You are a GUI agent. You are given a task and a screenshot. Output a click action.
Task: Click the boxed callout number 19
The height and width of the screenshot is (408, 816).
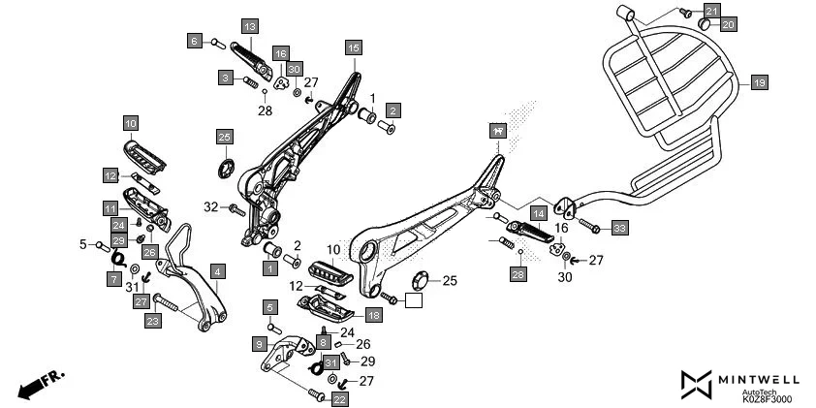tap(759, 84)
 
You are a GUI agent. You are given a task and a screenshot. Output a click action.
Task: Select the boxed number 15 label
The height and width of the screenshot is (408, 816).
tap(353, 47)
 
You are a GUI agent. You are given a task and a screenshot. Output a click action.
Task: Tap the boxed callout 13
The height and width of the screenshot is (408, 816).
tap(249, 25)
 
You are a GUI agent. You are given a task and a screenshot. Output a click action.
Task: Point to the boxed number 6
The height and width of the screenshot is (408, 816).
tap(195, 41)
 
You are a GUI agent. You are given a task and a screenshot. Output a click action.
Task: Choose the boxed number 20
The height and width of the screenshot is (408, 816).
tap(730, 23)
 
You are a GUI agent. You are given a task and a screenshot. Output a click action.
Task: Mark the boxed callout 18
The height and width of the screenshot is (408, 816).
tap(374, 315)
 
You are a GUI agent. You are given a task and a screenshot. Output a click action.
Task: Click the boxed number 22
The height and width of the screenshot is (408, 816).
tap(339, 398)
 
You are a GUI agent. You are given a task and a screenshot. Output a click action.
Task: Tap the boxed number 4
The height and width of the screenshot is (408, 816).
tap(218, 271)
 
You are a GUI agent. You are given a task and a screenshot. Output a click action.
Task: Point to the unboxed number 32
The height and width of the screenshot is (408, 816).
tap(210, 207)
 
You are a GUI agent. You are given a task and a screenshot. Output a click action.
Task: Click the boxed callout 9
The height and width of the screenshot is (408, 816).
tap(260, 343)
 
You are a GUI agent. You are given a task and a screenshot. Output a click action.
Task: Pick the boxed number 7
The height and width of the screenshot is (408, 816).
tap(113, 278)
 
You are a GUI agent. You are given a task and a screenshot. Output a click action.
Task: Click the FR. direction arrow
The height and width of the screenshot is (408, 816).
tap(38, 383)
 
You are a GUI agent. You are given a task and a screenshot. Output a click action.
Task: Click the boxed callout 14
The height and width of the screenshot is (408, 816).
tap(538, 212)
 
